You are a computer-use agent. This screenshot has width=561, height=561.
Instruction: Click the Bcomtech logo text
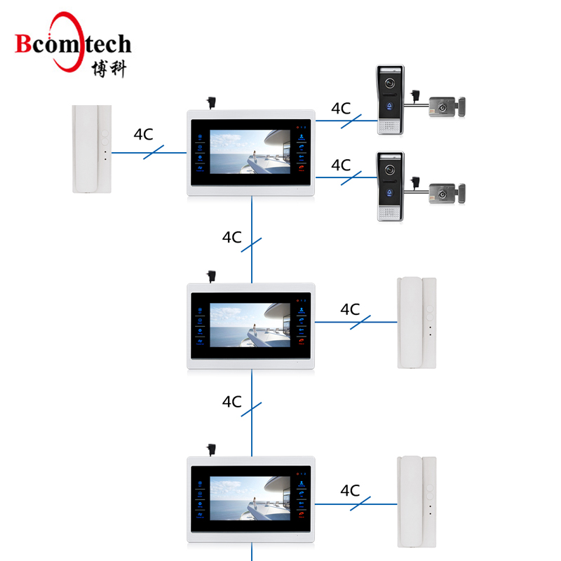click(x=73, y=44)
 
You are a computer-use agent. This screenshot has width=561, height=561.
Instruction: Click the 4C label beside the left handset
click(x=143, y=135)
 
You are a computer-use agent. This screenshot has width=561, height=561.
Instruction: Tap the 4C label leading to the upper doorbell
click(x=341, y=109)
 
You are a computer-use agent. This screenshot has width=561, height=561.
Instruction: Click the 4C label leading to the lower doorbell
click(x=341, y=165)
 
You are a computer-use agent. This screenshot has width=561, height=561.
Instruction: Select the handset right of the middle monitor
click(x=418, y=322)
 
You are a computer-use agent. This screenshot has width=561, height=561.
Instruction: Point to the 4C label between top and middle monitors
click(x=232, y=237)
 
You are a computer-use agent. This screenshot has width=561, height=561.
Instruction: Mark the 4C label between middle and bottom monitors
click(x=232, y=402)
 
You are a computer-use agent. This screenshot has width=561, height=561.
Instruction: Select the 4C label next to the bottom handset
click(x=349, y=490)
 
